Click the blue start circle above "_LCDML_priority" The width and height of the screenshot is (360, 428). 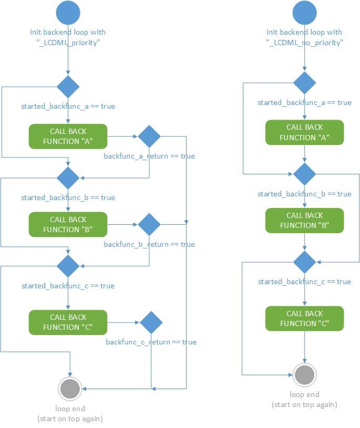tap(68, 13)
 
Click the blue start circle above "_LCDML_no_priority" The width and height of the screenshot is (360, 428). tap(305, 13)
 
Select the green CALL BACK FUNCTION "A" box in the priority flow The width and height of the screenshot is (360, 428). tap(68, 137)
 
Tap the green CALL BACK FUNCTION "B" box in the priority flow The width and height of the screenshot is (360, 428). tap(68, 224)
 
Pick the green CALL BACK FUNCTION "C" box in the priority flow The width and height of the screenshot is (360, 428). tap(68, 322)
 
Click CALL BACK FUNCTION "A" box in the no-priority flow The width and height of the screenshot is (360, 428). tap(305, 132)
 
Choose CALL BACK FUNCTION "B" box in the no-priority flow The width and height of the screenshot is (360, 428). tap(305, 220)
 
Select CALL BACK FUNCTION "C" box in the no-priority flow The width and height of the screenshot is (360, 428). tap(305, 318)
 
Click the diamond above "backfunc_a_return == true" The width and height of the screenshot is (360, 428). tap(149, 137)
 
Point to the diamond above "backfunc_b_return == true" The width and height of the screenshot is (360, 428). tap(149, 224)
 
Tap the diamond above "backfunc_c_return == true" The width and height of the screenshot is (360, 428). tap(151, 322)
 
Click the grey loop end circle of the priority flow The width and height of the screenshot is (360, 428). tap(69, 389)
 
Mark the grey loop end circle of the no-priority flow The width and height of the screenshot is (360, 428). tap(305, 374)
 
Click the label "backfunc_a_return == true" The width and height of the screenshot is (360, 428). tap(149, 156)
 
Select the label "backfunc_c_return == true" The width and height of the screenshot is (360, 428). tap(151, 342)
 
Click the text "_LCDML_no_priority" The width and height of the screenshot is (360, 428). tap(305, 43)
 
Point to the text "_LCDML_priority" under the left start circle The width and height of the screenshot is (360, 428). tap(68, 43)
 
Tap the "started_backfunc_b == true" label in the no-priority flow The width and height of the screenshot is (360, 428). tap(304, 194)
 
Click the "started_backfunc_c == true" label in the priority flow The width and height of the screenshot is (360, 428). tap(68, 286)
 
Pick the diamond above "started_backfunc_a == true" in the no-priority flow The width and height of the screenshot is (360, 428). tap(305, 83)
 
